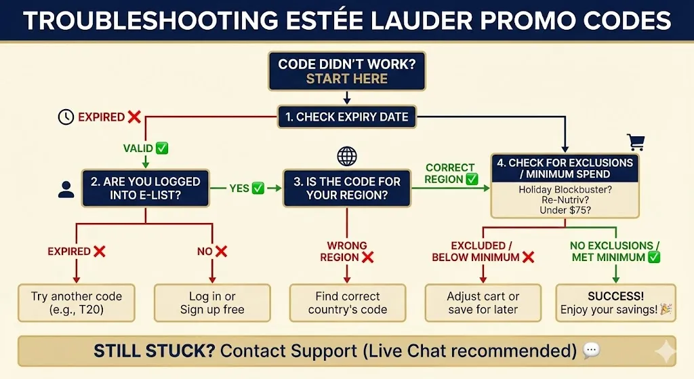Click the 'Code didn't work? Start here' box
pyautogui.click(x=346, y=71)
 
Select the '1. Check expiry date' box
pyautogui.click(x=346, y=117)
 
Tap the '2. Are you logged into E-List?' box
pyautogui.click(x=145, y=188)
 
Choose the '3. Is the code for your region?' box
pyautogui.click(x=346, y=188)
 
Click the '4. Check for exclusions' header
pyautogui.click(x=565, y=169)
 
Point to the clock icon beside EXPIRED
pyautogui.click(x=66, y=117)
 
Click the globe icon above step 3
pyautogui.click(x=346, y=157)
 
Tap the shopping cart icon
pyautogui.click(x=636, y=142)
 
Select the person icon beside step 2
pyautogui.click(x=66, y=189)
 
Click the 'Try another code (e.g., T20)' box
pyautogui.click(x=77, y=303)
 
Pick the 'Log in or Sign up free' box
pyautogui.click(x=212, y=303)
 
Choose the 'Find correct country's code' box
pyautogui.click(x=347, y=303)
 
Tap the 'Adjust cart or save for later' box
pyautogui.click(x=483, y=303)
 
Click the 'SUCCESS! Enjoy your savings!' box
pyautogui.click(x=615, y=303)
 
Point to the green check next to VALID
pyautogui.click(x=162, y=148)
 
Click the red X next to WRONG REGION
pyautogui.click(x=368, y=258)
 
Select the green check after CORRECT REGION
pyautogui.click(x=472, y=180)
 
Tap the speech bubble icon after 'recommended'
pyautogui.click(x=591, y=351)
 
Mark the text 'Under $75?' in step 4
pyautogui.click(x=565, y=210)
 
